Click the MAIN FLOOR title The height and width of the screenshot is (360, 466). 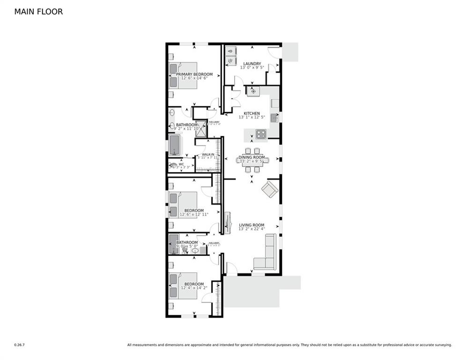coord(38,12)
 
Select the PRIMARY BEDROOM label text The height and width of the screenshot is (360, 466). coord(194,74)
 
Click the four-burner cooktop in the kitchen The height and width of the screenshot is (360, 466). coord(260,134)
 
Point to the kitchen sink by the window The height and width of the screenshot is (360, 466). coord(274,118)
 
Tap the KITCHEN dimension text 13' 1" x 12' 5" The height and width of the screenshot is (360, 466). coord(252,117)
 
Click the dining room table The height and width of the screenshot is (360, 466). coord(252,160)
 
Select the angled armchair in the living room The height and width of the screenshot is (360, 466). coord(269,189)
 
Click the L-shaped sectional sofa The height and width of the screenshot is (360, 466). coord(266,255)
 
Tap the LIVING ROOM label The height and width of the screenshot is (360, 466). coord(251,225)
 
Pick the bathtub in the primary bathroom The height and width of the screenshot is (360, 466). coord(175,145)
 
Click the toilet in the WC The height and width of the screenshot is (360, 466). coord(174,165)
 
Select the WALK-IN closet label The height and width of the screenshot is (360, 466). coord(208,154)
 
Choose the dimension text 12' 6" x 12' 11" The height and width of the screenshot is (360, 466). coord(194,215)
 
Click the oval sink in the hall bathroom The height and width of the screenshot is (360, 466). coord(195,250)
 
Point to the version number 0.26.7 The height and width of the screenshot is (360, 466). coord(19,345)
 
